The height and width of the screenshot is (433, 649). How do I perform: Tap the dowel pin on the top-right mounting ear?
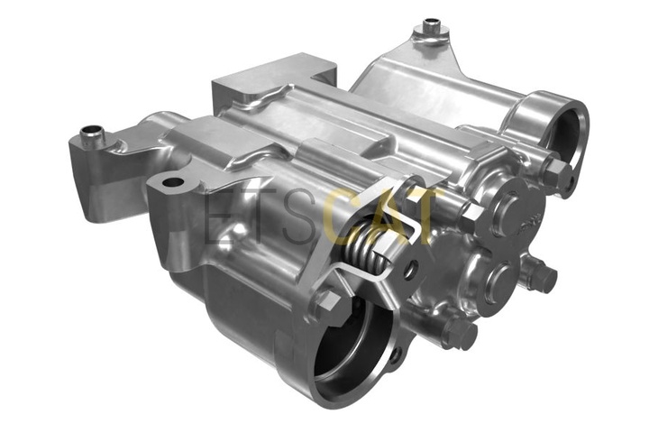431,27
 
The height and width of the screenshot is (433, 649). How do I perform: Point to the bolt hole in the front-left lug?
173,182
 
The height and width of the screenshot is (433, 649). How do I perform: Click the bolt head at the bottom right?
460,331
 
